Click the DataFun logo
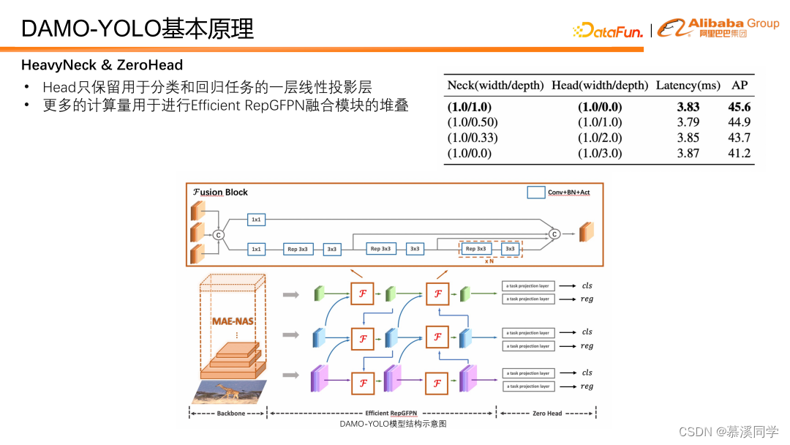coord(608,31)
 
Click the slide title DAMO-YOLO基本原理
coord(138,29)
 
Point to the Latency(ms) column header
coord(688,86)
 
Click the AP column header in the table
coord(740,86)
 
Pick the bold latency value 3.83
coord(688,107)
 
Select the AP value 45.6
coord(740,107)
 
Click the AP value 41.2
coord(740,153)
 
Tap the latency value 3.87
coord(688,153)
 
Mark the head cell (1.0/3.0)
coord(600,153)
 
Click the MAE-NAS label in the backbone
coord(233,321)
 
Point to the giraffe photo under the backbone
coord(229,392)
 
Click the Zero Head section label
coord(546,414)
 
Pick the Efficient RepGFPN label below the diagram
coord(396,414)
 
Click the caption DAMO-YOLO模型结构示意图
coord(393,424)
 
